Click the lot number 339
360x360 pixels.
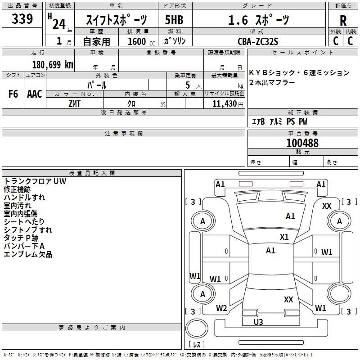pos(22,19)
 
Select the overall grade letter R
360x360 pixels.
pos(343,21)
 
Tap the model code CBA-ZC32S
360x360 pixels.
pos(258,41)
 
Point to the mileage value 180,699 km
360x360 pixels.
pos(53,64)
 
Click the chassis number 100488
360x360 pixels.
pos(302,143)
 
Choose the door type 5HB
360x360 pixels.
pos(174,20)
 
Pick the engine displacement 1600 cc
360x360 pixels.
pos(138,41)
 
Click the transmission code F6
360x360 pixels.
pos(13,94)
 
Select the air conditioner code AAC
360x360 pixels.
pos(35,94)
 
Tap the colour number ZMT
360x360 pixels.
pos(74,103)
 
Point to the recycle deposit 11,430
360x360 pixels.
pos(224,103)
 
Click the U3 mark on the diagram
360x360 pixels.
pos(258,322)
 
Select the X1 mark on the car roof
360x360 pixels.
pos(284,237)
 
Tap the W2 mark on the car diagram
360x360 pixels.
pos(221,308)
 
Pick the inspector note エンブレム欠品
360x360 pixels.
pos(28,255)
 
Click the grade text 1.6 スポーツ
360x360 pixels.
pos(258,20)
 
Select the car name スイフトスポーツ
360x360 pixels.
pos(116,20)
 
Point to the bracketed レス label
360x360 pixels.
pos(196,345)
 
